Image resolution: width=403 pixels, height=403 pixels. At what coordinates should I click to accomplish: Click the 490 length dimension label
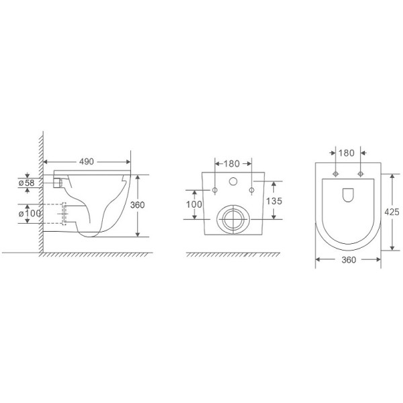click(87, 162)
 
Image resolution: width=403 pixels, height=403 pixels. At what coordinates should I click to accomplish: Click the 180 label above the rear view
click(233, 163)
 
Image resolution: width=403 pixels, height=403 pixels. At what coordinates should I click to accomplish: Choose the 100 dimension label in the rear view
click(194, 203)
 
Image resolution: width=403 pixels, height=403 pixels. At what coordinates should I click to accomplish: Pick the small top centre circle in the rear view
click(233, 181)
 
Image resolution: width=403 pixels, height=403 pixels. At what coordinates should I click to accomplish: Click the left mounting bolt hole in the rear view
click(214, 191)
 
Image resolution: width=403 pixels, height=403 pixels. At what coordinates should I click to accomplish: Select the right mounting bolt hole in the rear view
click(252, 191)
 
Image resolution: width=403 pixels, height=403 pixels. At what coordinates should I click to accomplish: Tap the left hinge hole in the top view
click(334, 174)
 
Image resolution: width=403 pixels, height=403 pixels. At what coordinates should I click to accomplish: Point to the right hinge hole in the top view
click(361, 174)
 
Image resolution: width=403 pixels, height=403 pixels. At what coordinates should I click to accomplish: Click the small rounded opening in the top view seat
click(348, 195)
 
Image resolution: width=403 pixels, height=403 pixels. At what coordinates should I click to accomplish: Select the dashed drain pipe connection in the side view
click(66, 214)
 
